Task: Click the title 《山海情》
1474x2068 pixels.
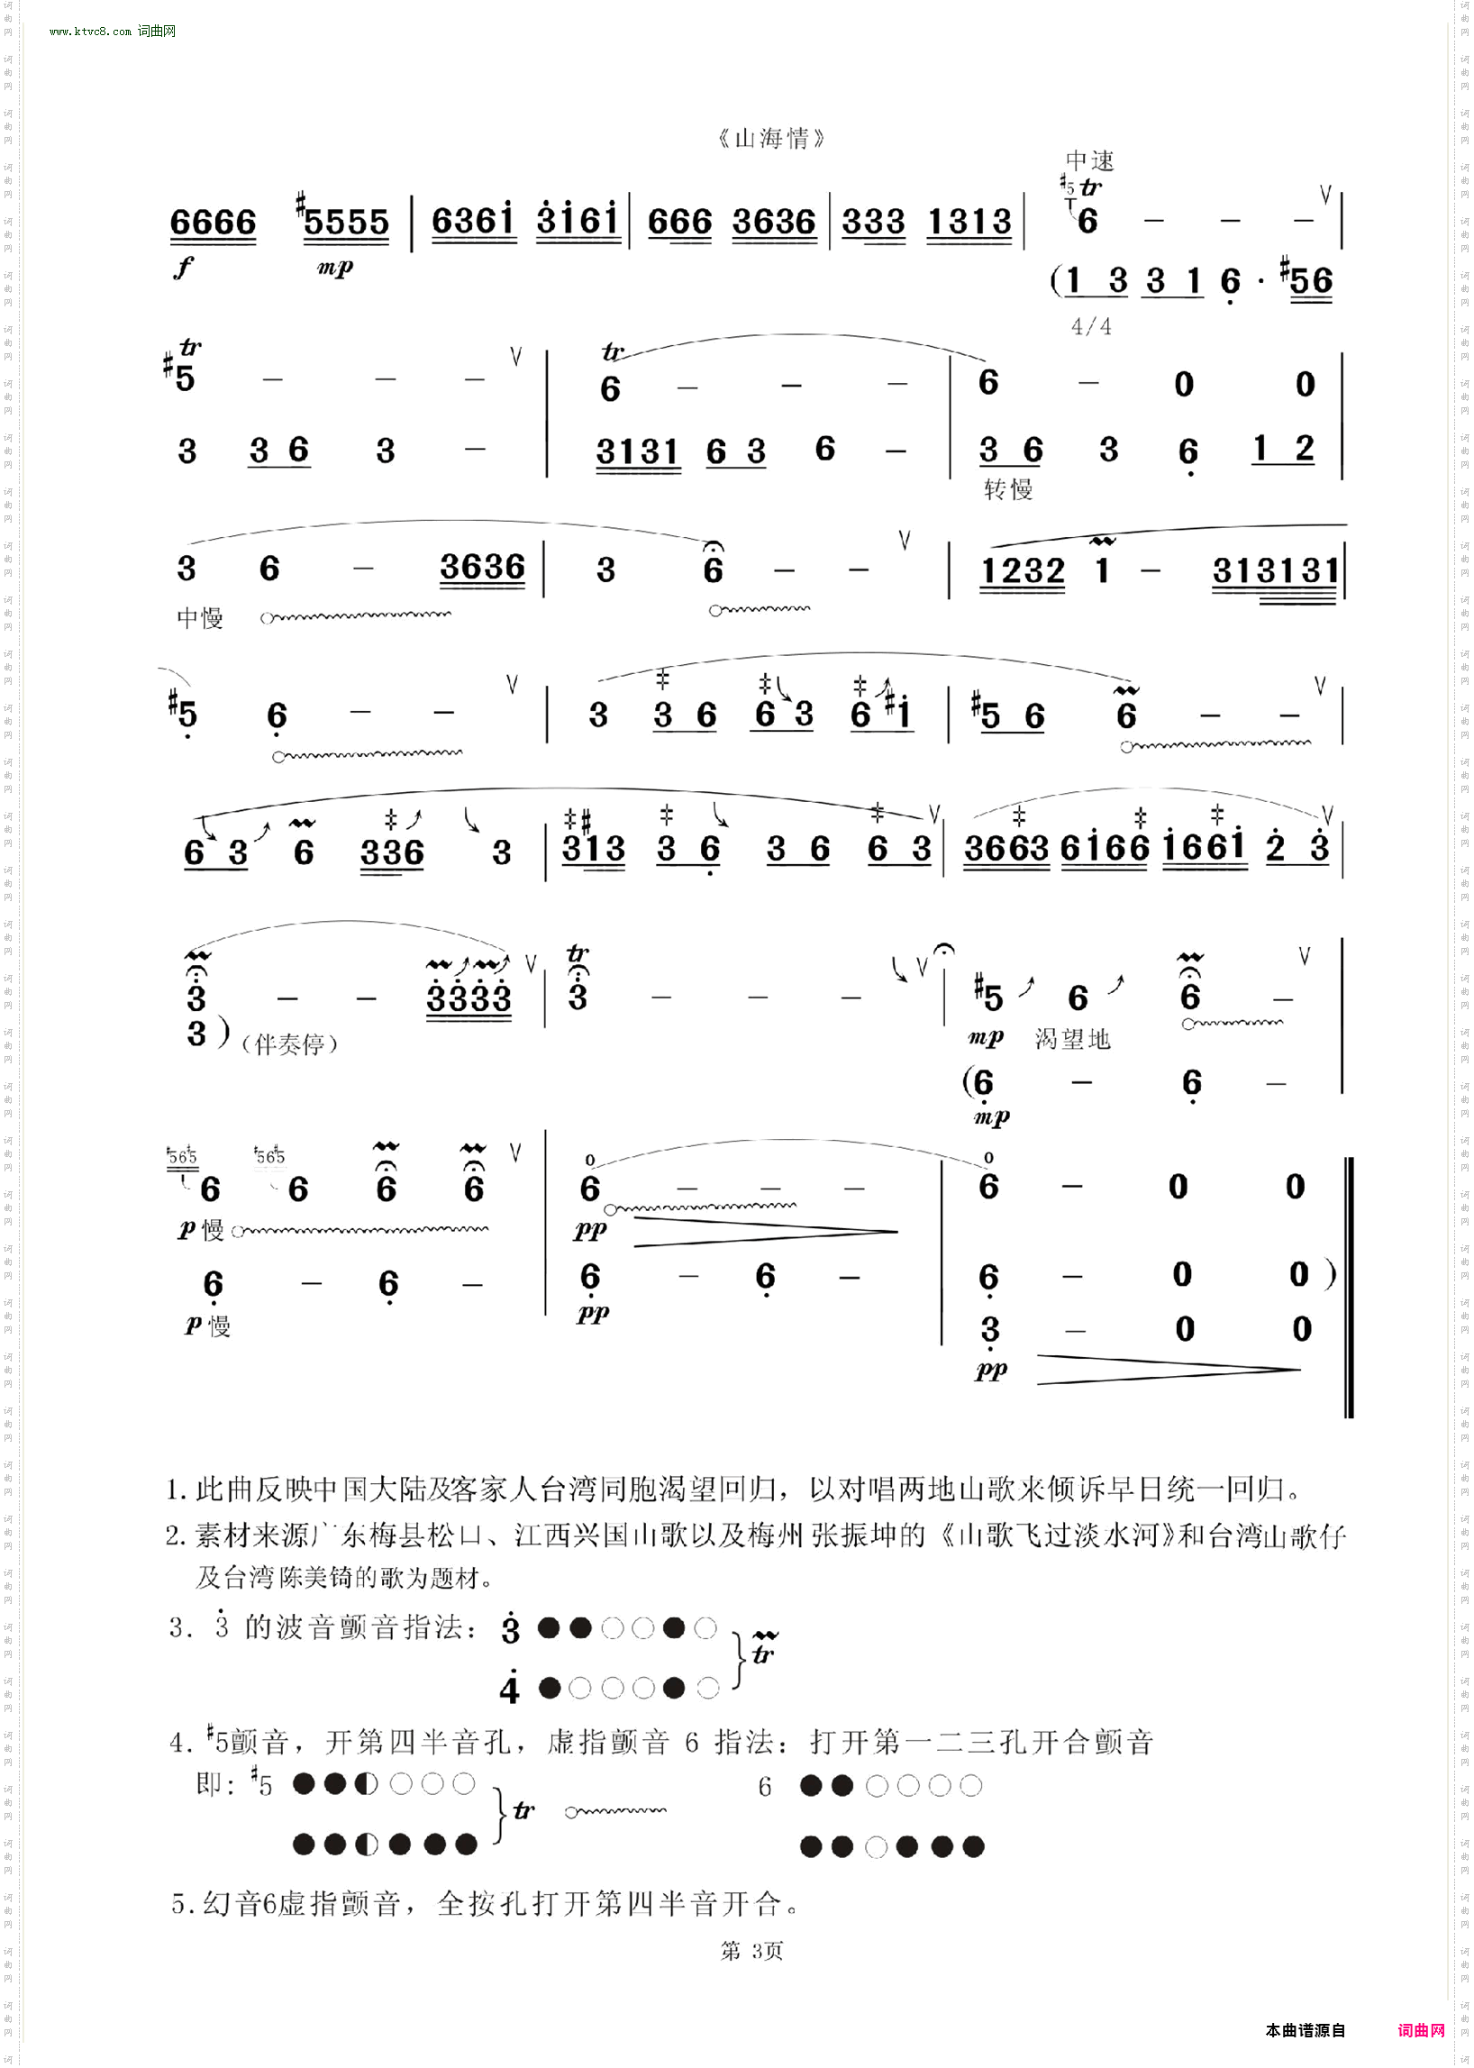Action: coord(770,139)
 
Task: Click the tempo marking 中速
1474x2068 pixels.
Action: coord(1089,160)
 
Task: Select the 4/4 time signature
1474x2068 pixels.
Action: coord(1091,326)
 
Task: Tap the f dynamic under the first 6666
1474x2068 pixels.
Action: coord(183,267)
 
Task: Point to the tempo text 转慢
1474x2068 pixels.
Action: coord(1008,490)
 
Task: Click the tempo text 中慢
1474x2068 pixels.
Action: coord(200,618)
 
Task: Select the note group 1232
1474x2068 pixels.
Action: coord(1023,571)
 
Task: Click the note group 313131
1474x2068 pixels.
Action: coord(1275,571)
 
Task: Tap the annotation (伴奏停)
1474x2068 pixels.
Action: coord(289,1044)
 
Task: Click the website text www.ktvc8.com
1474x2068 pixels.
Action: coord(91,31)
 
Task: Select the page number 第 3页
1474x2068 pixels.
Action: coord(751,1951)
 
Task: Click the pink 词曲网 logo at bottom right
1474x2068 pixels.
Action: coord(1421,2031)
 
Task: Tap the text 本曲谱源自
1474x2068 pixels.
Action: coord(1306,2031)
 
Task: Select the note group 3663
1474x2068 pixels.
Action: coord(1005,849)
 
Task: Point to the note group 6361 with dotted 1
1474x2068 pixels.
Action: coord(472,221)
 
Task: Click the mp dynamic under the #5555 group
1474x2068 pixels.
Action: coord(335,268)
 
